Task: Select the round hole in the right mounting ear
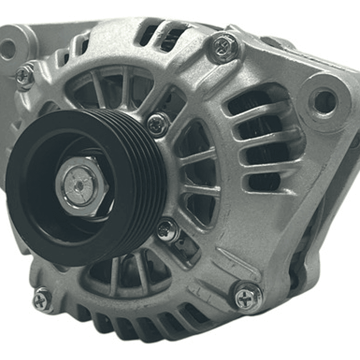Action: point(324,102)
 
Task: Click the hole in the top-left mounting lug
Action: point(9,49)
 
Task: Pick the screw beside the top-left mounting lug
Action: point(24,76)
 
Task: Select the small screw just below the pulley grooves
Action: point(167,231)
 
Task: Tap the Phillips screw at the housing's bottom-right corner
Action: point(248,296)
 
